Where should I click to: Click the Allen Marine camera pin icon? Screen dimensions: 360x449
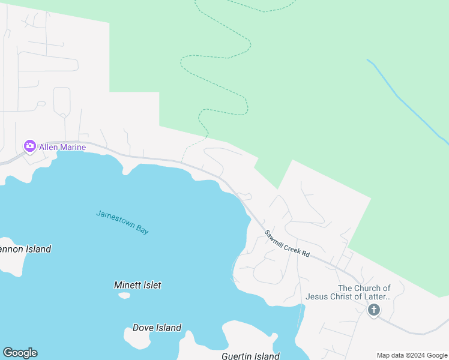click(x=29, y=146)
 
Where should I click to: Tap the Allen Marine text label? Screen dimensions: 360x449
click(x=62, y=147)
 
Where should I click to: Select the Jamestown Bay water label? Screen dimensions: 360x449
click(x=122, y=222)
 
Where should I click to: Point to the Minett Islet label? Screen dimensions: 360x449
click(x=137, y=286)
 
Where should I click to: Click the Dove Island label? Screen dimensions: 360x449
click(x=157, y=328)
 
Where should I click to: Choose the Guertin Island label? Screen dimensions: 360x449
click(x=250, y=356)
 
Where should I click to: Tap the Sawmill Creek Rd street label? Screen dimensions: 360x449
click(x=287, y=243)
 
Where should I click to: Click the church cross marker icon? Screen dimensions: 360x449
click(x=373, y=310)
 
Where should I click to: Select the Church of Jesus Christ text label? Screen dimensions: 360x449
click(x=348, y=292)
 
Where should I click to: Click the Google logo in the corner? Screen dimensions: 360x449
click(x=20, y=353)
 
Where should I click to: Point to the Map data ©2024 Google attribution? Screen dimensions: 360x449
click(x=412, y=355)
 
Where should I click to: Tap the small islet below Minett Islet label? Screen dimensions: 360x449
click(x=124, y=295)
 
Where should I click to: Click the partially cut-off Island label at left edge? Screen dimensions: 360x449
click(x=25, y=249)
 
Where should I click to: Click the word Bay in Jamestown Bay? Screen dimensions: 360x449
click(x=142, y=230)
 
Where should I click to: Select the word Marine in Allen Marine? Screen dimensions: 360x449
click(x=73, y=147)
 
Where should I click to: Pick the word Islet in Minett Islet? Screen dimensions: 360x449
click(x=151, y=286)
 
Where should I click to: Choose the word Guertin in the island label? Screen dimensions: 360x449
click(x=237, y=356)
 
